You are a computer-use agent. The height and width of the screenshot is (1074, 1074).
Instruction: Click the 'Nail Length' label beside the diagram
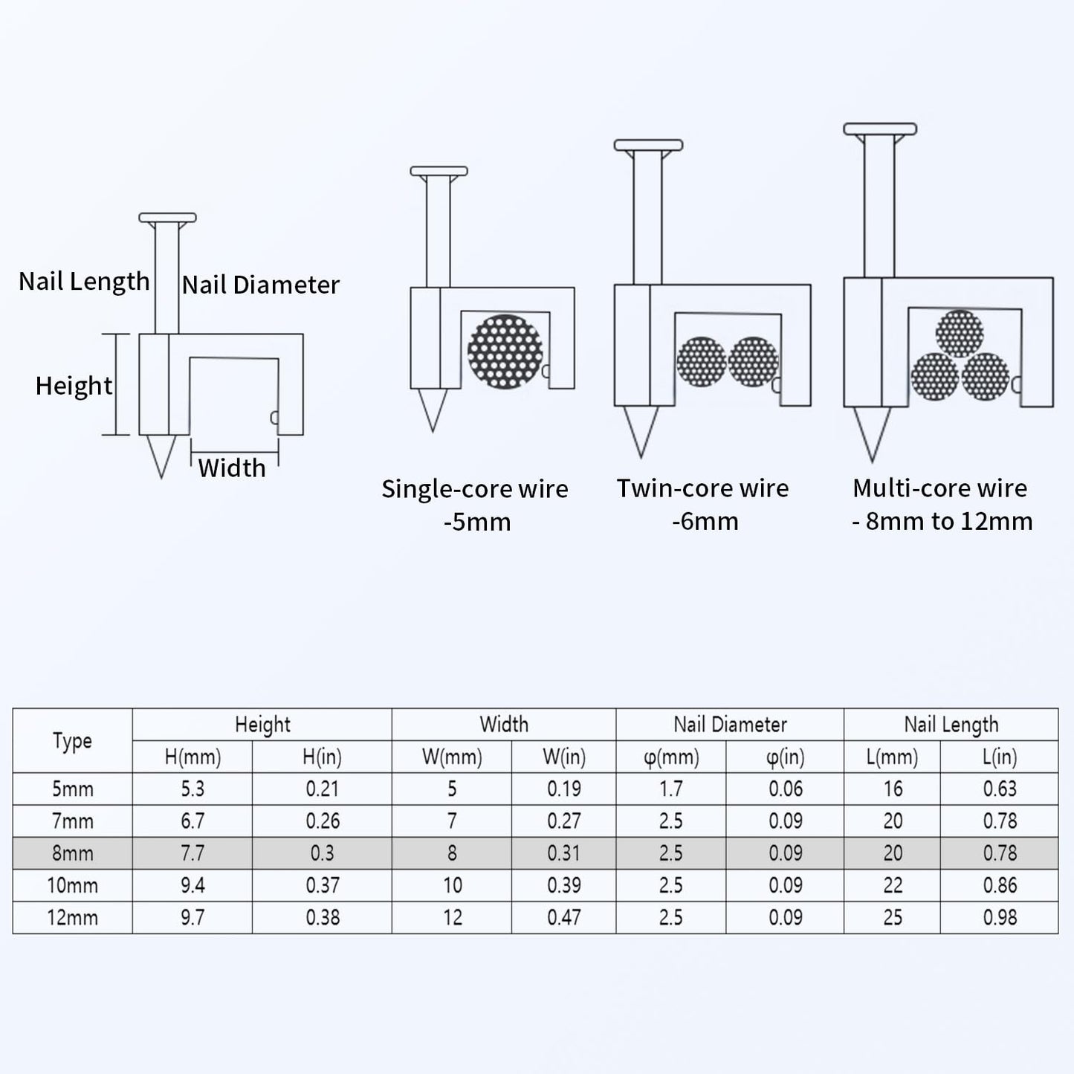84,282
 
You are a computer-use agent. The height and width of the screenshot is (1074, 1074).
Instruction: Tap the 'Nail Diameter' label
261,285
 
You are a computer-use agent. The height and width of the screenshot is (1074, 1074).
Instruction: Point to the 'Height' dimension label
74,386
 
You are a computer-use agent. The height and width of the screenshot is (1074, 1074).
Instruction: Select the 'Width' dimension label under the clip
232,468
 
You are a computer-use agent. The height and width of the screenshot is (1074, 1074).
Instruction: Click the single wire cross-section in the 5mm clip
505,351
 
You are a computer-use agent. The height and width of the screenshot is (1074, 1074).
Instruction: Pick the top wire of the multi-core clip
960,334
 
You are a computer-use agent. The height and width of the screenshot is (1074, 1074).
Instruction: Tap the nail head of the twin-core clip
648,146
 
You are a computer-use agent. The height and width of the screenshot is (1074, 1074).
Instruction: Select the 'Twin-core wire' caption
703,488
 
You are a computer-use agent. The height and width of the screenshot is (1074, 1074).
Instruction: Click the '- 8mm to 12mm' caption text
942,521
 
